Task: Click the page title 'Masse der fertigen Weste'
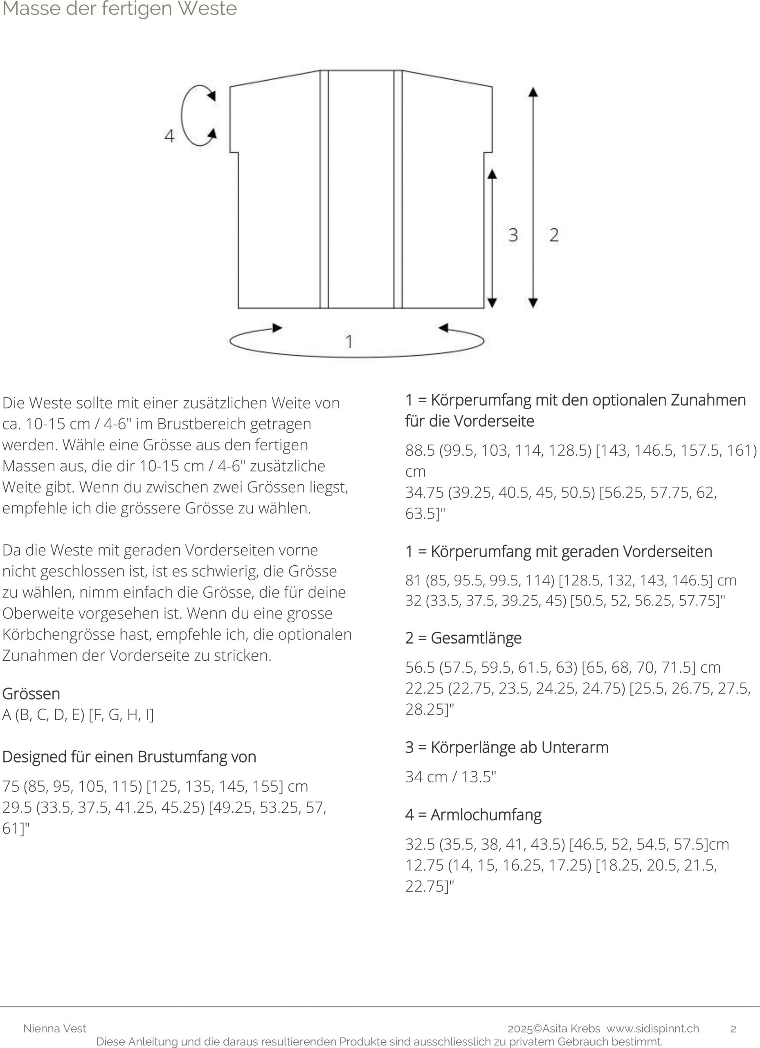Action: click(x=119, y=9)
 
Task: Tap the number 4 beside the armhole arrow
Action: click(x=169, y=136)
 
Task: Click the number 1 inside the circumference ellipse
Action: click(x=349, y=341)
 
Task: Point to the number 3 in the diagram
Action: click(x=513, y=235)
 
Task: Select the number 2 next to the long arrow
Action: click(x=554, y=235)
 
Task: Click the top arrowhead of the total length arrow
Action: click(x=533, y=92)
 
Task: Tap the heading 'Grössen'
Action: click(x=31, y=693)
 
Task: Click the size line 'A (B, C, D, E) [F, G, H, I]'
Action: click(x=78, y=715)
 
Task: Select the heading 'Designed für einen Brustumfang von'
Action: click(x=129, y=757)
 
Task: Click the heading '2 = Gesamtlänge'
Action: click(x=463, y=638)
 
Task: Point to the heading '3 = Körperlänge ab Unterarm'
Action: click(x=506, y=747)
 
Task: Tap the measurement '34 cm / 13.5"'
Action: click(x=451, y=777)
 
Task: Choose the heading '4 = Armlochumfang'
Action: click(x=473, y=815)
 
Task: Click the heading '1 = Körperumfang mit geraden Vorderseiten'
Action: click(x=559, y=551)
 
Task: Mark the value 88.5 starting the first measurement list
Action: click(x=420, y=450)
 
